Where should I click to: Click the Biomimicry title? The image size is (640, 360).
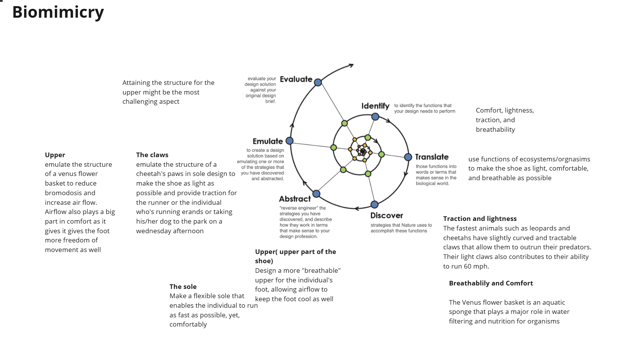coord(58,12)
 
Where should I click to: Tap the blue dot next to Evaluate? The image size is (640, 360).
coord(318,82)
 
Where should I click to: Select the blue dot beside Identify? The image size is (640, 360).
coord(375,116)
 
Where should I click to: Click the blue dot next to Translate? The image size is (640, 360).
coord(408,157)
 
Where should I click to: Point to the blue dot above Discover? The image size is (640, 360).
coord(375,204)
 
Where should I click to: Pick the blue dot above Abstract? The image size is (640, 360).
coord(316,194)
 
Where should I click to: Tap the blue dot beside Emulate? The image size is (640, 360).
coord(290,141)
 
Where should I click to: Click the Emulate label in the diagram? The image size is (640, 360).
coord(268,141)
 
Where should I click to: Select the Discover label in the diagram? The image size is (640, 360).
coord(386,216)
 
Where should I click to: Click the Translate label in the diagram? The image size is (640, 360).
coord(432,157)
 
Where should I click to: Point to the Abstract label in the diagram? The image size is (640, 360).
coord(295,199)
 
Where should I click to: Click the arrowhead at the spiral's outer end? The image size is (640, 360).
coord(351,66)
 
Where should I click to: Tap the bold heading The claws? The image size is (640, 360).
coord(152,155)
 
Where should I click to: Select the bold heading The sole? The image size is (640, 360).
coord(183,287)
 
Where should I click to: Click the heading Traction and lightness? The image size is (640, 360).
coord(480,219)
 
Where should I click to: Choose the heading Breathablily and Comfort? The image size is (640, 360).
coord(491,283)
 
